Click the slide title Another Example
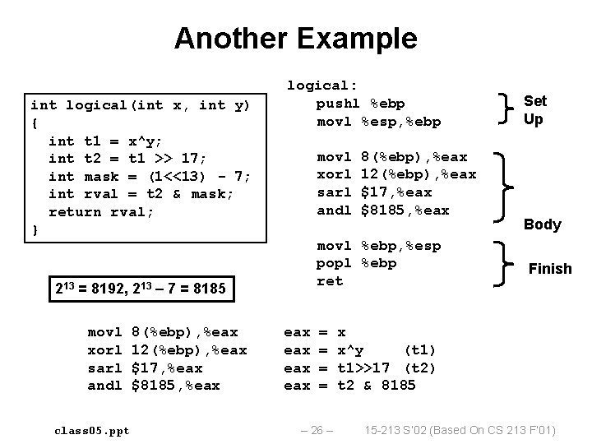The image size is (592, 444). (x=295, y=38)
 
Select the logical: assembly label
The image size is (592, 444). (x=321, y=86)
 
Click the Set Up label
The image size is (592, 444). (x=534, y=109)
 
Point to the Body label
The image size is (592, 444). (x=543, y=224)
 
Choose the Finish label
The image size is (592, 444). (x=550, y=269)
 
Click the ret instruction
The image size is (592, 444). (x=329, y=281)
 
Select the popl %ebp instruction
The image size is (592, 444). (x=356, y=263)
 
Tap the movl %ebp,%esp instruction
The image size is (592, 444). (x=378, y=246)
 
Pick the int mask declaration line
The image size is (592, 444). (x=150, y=176)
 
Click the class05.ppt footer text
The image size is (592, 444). (x=91, y=430)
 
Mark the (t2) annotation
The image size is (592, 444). (x=422, y=368)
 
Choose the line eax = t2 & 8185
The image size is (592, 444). (x=349, y=386)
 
